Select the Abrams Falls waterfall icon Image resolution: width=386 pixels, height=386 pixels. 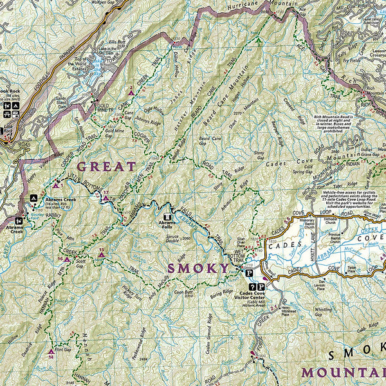click(x=168, y=217)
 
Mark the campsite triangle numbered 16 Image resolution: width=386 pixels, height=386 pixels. click(x=66, y=259)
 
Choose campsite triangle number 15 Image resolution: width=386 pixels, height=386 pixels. click(x=101, y=255)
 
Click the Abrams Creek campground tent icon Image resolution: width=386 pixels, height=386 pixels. click(x=33, y=198)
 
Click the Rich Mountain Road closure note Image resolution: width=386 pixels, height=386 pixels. click(x=349, y=127)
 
